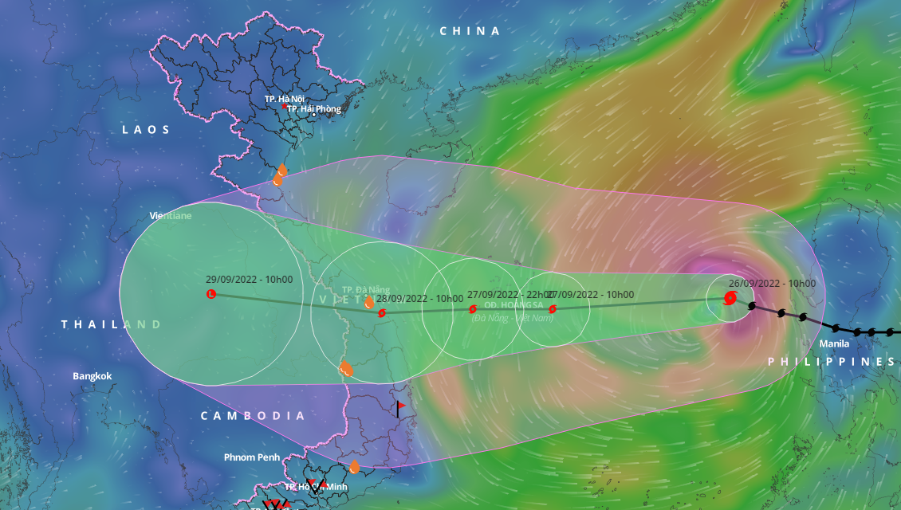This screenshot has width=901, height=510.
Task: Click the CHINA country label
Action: click(470, 31)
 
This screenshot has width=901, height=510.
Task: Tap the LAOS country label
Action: click(146, 129)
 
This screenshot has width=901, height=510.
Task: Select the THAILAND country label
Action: click(112, 324)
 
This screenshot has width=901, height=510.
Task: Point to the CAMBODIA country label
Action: click(253, 416)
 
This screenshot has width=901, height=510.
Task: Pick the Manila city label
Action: click(834, 344)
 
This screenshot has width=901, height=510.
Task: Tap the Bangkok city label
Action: click(92, 376)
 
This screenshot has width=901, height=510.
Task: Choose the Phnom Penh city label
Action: click(251, 457)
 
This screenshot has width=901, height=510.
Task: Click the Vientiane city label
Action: click(171, 216)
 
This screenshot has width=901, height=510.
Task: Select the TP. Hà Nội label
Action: click(285, 99)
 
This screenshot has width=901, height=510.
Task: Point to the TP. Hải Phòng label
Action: click(313, 109)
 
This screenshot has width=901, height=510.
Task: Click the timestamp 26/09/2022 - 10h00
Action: click(772, 284)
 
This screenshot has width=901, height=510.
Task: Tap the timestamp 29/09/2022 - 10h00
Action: click(249, 280)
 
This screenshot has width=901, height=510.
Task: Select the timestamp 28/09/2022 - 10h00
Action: click(419, 299)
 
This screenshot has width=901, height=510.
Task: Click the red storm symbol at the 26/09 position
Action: click(730, 299)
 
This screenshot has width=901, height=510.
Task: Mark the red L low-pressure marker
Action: click(211, 295)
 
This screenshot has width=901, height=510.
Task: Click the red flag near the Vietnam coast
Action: click(400, 407)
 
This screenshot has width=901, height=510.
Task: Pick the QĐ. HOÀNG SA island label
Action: click(513, 305)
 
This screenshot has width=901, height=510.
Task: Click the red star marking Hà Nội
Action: click(284, 107)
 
